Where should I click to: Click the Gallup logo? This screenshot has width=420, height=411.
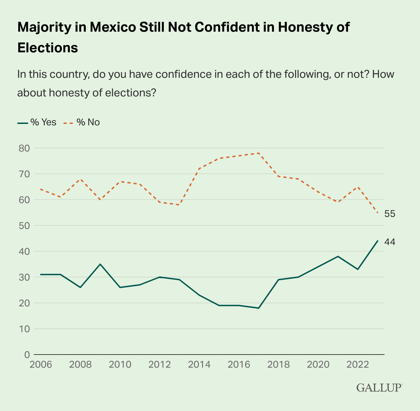(x=379, y=388)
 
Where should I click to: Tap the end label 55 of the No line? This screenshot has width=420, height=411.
(x=390, y=214)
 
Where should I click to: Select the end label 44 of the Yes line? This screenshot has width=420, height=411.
(x=390, y=242)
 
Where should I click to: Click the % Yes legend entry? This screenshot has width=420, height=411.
(x=37, y=122)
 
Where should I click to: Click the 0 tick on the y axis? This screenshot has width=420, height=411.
(x=26, y=355)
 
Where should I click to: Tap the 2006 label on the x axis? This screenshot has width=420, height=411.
(x=41, y=365)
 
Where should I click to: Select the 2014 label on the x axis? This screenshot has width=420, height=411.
(x=199, y=365)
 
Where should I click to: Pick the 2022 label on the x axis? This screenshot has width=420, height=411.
(x=358, y=365)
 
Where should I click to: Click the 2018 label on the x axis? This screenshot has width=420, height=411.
(x=279, y=365)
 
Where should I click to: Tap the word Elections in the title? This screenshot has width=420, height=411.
(x=48, y=47)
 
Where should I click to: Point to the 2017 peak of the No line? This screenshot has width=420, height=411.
(x=259, y=153)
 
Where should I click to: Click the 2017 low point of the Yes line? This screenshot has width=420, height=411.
(x=259, y=308)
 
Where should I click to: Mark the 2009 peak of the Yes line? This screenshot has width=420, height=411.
(x=100, y=264)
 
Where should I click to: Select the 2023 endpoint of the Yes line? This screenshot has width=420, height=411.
(x=378, y=241)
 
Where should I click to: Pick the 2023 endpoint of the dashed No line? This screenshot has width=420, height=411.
(x=378, y=213)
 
